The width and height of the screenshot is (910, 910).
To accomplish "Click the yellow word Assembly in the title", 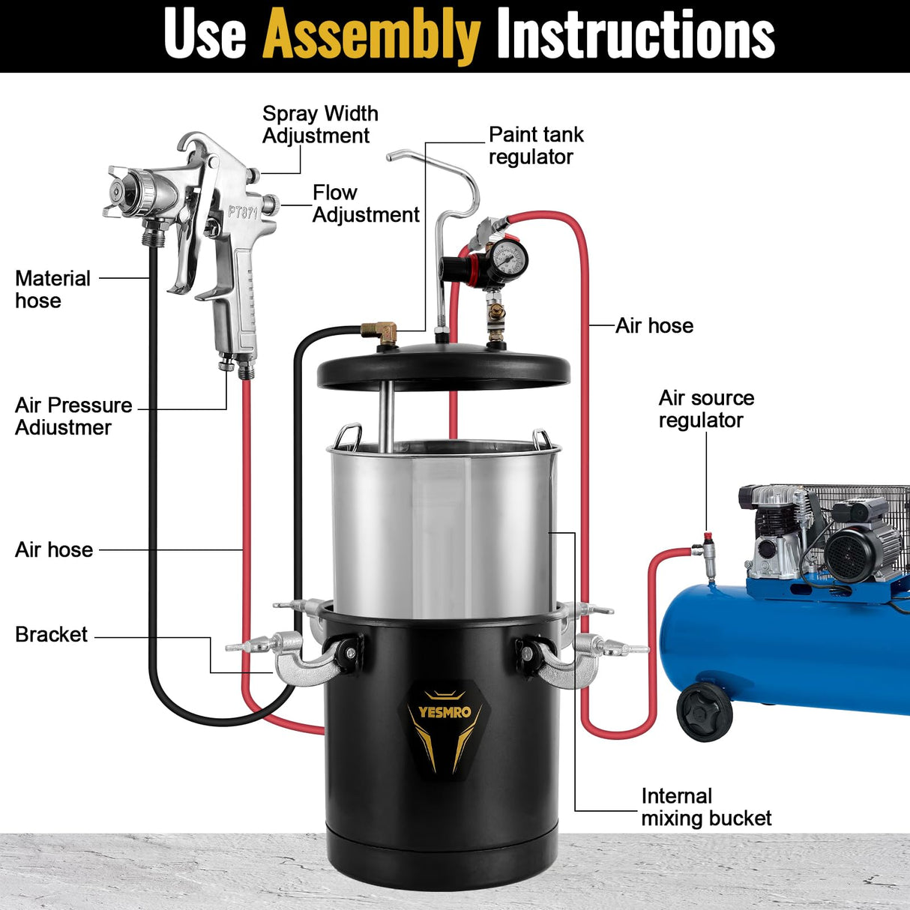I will click(x=371, y=34).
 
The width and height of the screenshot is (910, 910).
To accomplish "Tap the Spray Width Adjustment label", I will click(x=319, y=124).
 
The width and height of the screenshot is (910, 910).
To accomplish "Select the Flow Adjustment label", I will click(x=365, y=204).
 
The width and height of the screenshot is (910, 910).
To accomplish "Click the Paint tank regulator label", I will click(x=535, y=145).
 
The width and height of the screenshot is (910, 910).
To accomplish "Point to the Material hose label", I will click(x=52, y=289).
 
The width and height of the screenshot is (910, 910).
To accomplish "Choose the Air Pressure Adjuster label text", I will click(x=73, y=416).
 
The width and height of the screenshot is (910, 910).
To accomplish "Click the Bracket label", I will click(x=51, y=635).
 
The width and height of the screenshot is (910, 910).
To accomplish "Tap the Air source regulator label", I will click(x=705, y=409).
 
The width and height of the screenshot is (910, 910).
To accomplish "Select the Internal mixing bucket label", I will click(x=705, y=807).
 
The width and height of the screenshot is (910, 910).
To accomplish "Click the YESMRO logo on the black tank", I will click(x=445, y=713).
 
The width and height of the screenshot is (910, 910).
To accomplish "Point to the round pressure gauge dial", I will click(x=511, y=259).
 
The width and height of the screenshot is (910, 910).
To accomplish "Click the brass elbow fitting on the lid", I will click(x=379, y=331).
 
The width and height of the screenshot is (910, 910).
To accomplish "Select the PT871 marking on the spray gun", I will click(x=243, y=212).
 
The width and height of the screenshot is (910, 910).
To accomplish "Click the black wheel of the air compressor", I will click(x=705, y=712).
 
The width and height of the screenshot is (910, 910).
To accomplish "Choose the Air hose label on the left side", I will click(x=54, y=549).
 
